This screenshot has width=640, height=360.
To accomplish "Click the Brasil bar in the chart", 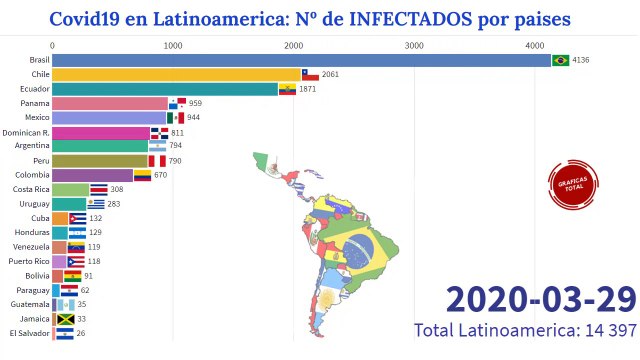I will coord(300,60).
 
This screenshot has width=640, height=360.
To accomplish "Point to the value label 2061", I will coord(330,75).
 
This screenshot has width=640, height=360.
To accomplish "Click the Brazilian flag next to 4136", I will coord(560,60).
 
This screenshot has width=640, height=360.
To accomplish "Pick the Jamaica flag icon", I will coord(66,319).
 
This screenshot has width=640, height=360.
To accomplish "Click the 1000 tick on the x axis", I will coord(173,45).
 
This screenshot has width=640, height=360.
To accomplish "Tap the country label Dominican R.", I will coord(26,132).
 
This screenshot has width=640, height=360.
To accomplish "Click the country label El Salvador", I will coord(26,333).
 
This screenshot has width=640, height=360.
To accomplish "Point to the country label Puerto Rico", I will coord(28,261).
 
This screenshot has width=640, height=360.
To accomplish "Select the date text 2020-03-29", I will coord(539,299).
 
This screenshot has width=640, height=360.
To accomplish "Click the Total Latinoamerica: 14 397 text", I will coord(525,330).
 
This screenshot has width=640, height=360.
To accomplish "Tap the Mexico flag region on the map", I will coord(271,170).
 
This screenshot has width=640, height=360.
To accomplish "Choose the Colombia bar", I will coord(92,175).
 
